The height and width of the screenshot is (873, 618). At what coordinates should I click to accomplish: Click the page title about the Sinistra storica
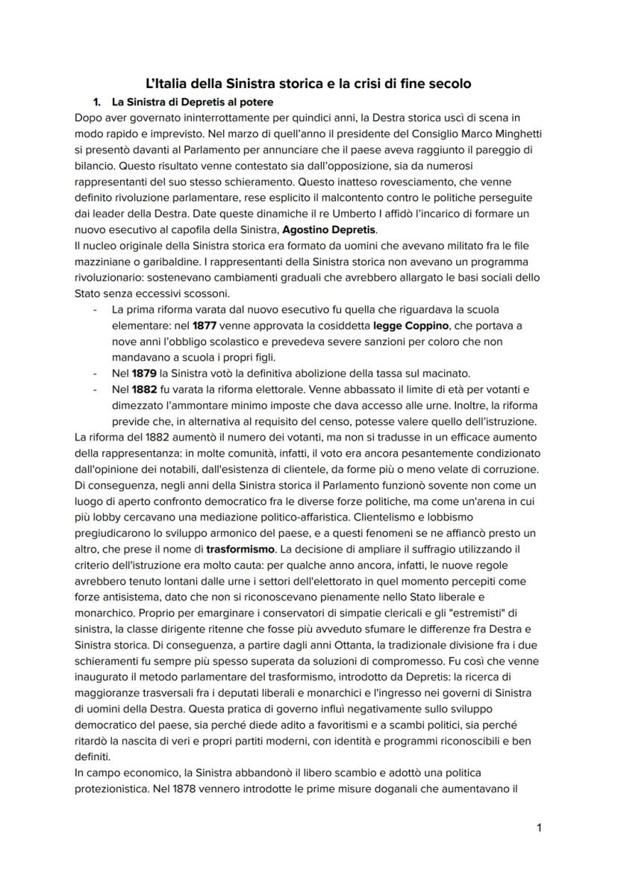pos(308,84)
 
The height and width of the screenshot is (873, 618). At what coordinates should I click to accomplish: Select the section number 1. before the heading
pos(97,102)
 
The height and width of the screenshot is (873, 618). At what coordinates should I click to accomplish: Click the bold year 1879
pos(147,373)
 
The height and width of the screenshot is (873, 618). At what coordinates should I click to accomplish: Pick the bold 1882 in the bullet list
pos(147,389)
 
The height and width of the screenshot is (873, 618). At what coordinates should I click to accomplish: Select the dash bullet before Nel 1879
pos(95,373)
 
